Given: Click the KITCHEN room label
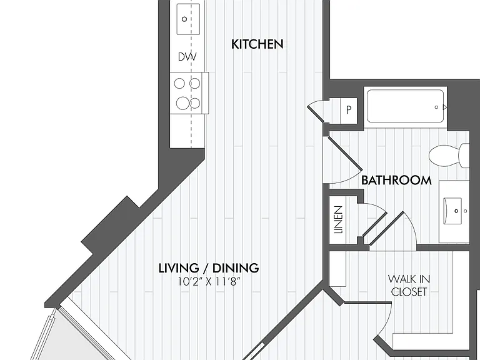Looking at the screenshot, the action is click(257, 44).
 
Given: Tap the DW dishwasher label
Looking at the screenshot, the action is click(187, 57).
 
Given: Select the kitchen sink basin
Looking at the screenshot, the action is click(188, 19).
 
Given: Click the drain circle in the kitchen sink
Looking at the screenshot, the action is click(184, 19).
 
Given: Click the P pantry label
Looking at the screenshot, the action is click(349, 109).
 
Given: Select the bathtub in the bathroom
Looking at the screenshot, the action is click(405, 106).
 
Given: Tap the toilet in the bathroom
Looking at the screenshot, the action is click(449, 156).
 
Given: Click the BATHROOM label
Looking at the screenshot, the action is click(396, 180).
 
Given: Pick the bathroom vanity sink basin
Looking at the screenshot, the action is click(453, 211).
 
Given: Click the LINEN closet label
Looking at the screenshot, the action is click(338, 220).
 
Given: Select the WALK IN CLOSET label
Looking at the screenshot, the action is click(409, 285).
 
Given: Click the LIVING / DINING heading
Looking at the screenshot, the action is click(209, 268).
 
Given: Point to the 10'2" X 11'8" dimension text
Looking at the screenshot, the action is click(209, 282).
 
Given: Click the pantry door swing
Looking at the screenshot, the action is click(316, 111).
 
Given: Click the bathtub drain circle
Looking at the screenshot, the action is click(436, 107).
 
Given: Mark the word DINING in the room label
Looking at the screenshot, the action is click(236, 268).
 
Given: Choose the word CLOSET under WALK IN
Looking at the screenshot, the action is click(409, 292).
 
